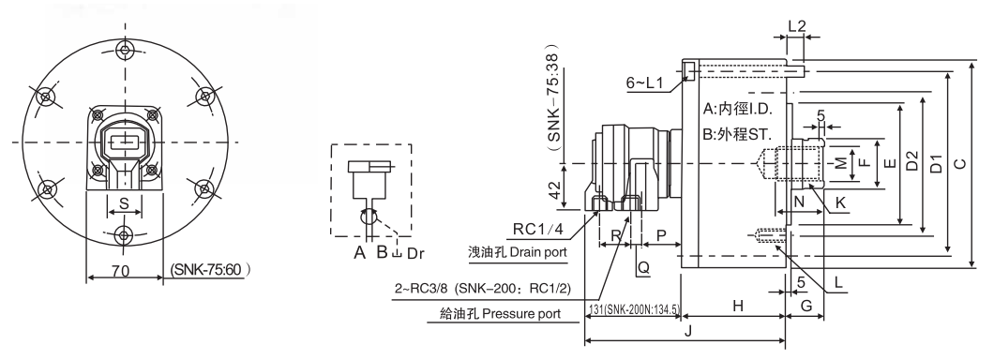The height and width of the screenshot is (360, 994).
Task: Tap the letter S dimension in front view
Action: tap(123, 202)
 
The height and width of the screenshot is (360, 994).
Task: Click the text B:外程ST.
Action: tap(736, 134)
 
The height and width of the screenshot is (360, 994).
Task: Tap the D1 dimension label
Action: tap(936, 165)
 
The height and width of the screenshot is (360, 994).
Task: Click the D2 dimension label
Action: tap(911, 165)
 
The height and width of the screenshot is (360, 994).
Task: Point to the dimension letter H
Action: tap(737, 306)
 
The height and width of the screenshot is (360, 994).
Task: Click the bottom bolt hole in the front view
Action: tap(123, 234)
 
